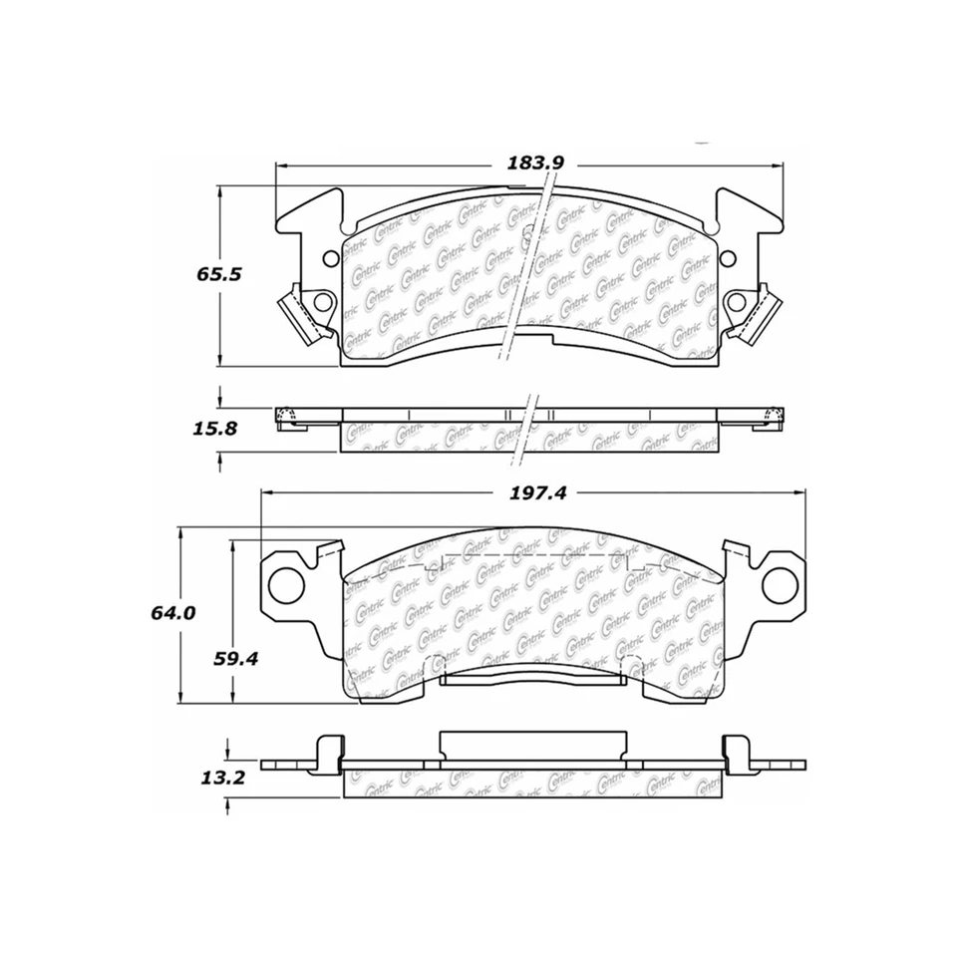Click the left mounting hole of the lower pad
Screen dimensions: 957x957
coord(288,580)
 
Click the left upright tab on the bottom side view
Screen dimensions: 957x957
coord(325,753)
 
